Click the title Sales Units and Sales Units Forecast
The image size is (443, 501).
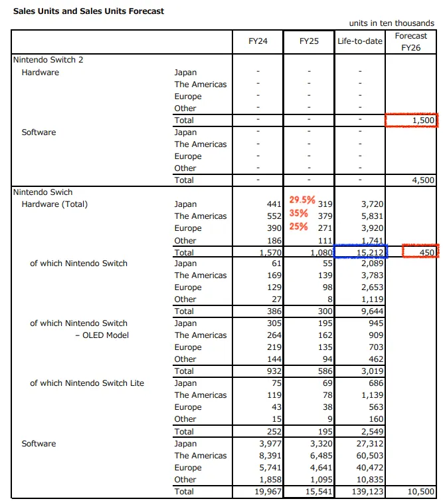tap(89, 11)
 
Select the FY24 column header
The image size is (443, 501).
tap(258, 41)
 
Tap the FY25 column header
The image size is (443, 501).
tap(309, 41)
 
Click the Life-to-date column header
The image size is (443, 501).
tap(360, 41)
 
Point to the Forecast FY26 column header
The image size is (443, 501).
tap(411, 41)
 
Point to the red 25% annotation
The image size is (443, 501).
tap(298, 227)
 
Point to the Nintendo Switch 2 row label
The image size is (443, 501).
tap(48, 60)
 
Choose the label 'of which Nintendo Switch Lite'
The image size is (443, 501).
tap(87, 383)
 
